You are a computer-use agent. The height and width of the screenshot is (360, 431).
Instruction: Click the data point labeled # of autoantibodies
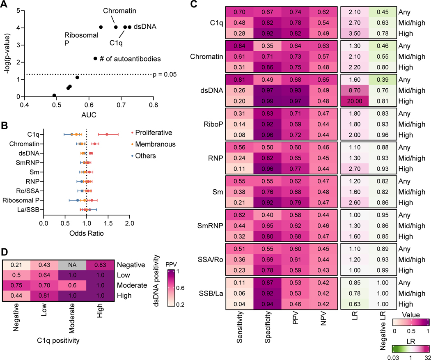(95, 59)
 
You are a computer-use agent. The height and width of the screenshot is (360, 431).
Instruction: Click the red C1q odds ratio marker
(107, 134)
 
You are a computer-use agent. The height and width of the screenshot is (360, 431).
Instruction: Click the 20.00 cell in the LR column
(355, 101)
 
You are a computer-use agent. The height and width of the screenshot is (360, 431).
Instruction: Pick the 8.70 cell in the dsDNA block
(355, 91)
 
